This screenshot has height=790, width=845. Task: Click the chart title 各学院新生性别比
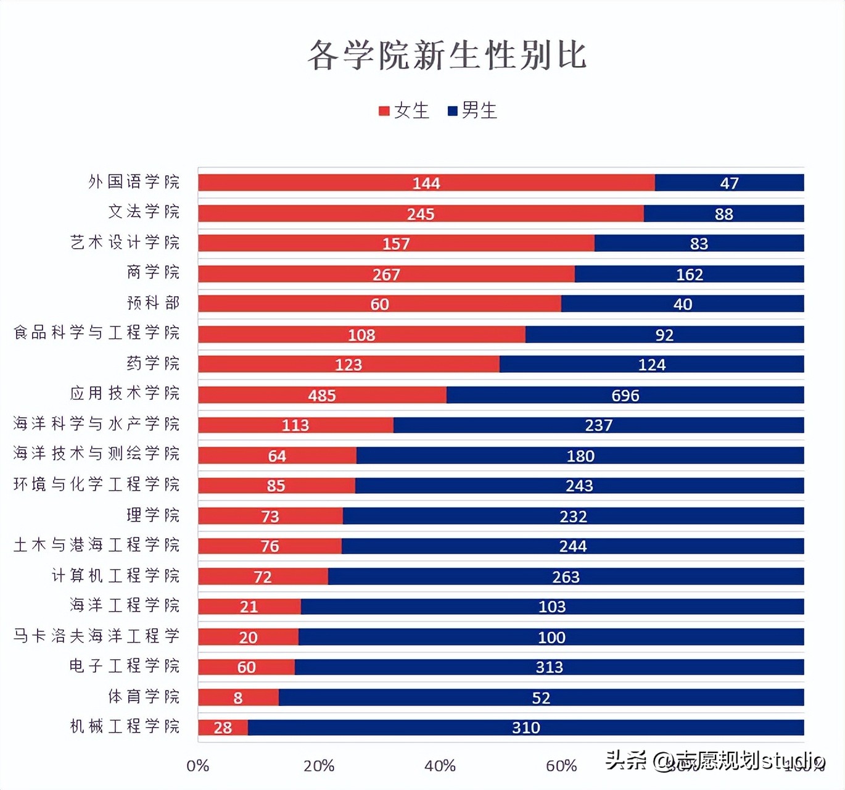click(x=447, y=55)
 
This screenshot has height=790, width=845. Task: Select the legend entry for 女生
click(x=405, y=110)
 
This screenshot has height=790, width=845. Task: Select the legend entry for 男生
click(x=472, y=110)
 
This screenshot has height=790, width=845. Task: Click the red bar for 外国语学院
click(x=426, y=183)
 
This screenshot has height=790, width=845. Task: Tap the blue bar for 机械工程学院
click(x=526, y=728)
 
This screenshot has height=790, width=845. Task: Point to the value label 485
click(x=322, y=396)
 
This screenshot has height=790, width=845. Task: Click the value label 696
click(x=625, y=396)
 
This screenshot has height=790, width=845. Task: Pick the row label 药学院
click(x=153, y=363)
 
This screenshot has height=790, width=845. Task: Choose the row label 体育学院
click(x=144, y=696)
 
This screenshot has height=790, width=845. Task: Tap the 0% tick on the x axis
click(x=198, y=766)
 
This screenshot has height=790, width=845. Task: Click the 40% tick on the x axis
click(x=440, y=766)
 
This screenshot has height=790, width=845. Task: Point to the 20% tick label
click(x=319, y=766)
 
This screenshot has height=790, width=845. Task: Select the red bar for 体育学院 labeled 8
click(x=238, y=697)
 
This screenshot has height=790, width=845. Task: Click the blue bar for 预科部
click(x=682, y=304)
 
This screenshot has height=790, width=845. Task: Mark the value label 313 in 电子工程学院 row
click(x=549, y=667)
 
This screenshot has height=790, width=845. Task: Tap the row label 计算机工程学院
click(x=115, y=575)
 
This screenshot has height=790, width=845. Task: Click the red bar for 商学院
click(x=386, y=274)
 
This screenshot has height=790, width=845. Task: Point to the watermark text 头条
click(x=625, y=760)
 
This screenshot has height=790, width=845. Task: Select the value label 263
click(x=566, y=577)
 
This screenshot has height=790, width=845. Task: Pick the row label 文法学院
click(x=144, y=212)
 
